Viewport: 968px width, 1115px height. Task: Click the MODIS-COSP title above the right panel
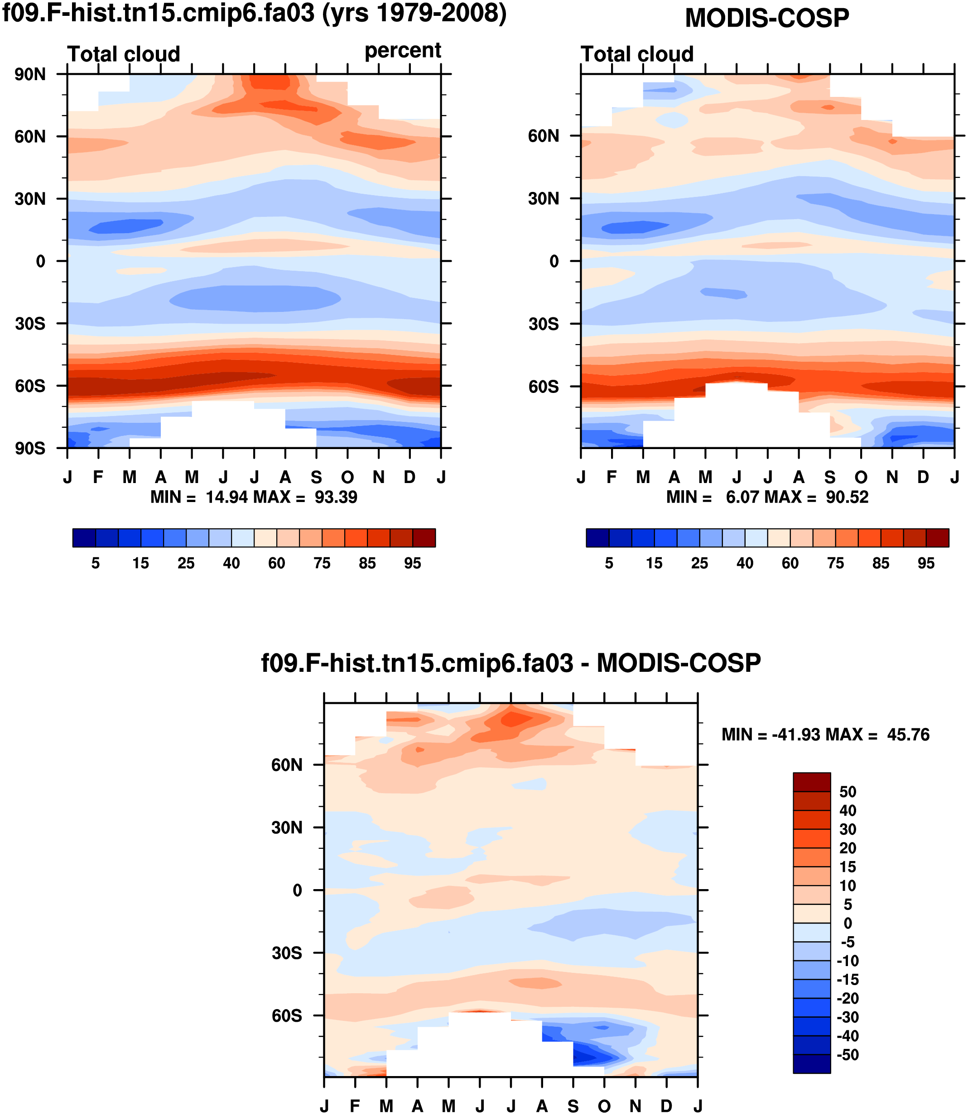[766, 19]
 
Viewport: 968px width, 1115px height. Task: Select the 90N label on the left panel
[30, 75]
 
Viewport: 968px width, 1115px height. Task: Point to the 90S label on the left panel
[30, 449]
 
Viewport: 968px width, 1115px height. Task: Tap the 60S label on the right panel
[544, 387]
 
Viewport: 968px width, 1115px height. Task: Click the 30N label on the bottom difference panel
[287, 828]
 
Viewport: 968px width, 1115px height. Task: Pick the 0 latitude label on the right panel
[554, 262]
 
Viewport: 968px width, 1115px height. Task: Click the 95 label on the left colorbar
[412, 564]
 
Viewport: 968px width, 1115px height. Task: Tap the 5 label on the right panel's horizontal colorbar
[609, 564]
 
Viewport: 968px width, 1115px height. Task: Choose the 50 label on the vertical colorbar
[848, 792]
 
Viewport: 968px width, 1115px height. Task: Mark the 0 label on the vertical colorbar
[848, 924]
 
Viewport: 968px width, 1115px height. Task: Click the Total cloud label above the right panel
[637, 54]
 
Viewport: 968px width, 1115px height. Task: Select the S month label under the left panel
[317, 477]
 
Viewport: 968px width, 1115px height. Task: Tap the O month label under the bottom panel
[604, 1106]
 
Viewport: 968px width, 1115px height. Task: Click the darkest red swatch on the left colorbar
[424, 538]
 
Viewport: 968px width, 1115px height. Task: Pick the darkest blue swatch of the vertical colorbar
[811, 1064]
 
